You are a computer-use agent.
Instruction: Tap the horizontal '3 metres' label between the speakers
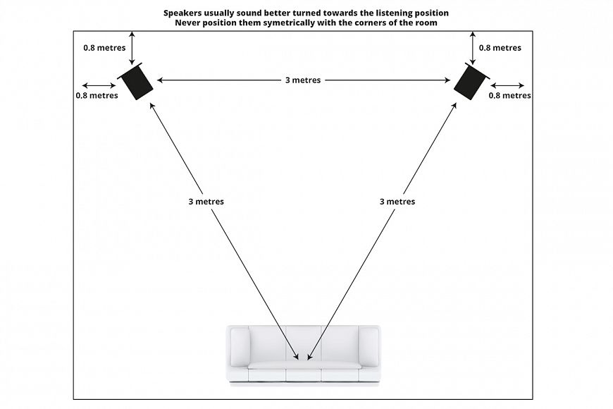click(302, 80)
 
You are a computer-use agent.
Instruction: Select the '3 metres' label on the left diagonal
click(206, 202)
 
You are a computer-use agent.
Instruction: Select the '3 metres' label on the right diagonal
click(397, 202)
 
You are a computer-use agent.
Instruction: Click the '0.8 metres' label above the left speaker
click(104, 48)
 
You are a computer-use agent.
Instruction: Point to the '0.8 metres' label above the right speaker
click(500, 48)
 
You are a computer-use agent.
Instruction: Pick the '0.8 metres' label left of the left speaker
click(97, 95)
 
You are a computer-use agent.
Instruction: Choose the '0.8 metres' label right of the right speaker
click(509, 95)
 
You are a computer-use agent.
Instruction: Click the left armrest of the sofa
click(240, 347)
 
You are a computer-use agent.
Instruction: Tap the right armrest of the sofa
click(369, 347)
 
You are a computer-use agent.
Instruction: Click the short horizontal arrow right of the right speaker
click(507, 86)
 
